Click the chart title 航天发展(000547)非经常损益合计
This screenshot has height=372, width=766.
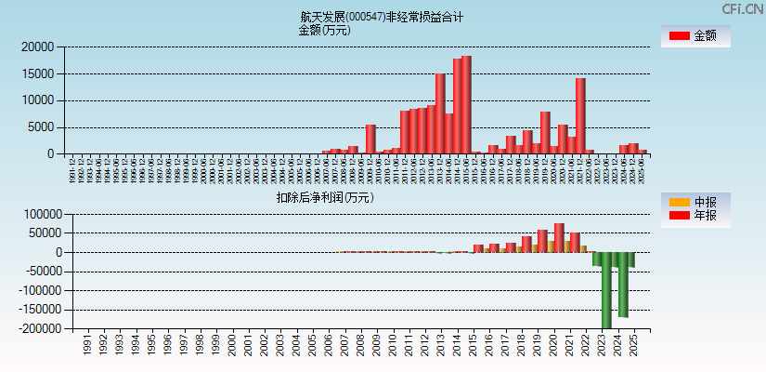[x=382, y=17]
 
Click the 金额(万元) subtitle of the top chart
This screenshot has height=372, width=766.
[x=324, y=30]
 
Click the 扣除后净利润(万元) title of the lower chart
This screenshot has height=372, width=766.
[x=324, y=197]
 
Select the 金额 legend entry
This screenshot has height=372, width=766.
[x=695, y=36]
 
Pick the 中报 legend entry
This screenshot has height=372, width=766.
[x=695, y=202]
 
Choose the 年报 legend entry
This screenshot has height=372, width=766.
[x=695, y=216]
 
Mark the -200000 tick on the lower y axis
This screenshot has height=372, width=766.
[x=37, y=329]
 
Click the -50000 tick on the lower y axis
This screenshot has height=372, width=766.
[x=40, y=272]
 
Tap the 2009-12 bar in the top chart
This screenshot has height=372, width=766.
[x=370, y=139]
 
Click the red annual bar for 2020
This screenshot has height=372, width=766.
[x=559, y=238]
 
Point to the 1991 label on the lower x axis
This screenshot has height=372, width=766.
[x=87, y=345]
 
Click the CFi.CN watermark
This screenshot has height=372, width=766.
[x=743, y=8]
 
